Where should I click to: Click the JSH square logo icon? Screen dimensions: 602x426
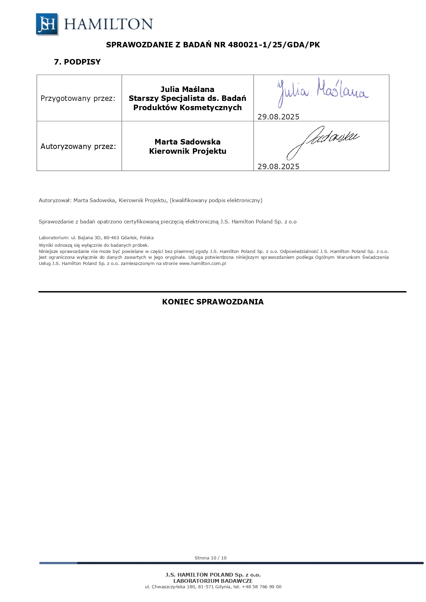coord(47,24)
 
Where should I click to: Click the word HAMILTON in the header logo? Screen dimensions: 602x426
coord(108,24)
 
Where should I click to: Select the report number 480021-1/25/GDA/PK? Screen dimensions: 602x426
coord(274,45)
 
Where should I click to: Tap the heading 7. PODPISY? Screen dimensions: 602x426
coord(77,62)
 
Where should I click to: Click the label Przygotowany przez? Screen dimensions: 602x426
coord(78,99)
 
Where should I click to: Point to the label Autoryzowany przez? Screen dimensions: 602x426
coord(78,147)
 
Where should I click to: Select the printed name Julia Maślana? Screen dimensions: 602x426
coord(187,90)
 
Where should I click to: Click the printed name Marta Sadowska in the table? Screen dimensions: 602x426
coord(187,142)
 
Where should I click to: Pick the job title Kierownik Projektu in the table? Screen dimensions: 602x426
coord(187,151)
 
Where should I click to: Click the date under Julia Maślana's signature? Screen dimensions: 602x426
coord(278,117)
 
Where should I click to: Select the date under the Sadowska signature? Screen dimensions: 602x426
coord(278,167)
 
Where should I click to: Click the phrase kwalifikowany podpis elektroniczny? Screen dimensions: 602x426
coord(216,200)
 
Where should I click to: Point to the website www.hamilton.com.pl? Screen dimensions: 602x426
coord(203,264)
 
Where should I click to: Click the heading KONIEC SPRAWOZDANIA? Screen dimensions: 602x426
coord(213,302)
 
